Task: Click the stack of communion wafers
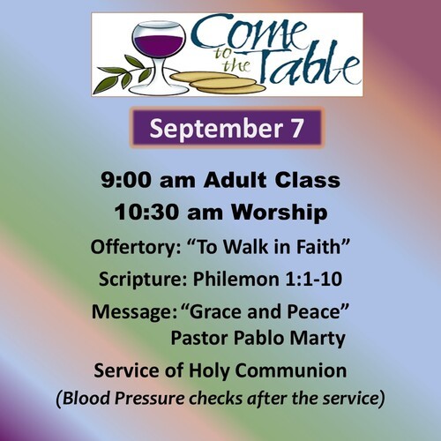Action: (218, 82)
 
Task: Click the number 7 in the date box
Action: (297, 128)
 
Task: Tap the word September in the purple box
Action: (216, 129)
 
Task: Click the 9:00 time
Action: (126, 180)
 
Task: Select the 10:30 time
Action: (146, 213)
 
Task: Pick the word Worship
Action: (279, 213)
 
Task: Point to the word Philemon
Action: (236, 279)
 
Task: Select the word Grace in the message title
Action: (217, 311)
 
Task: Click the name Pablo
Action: (258, 338)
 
